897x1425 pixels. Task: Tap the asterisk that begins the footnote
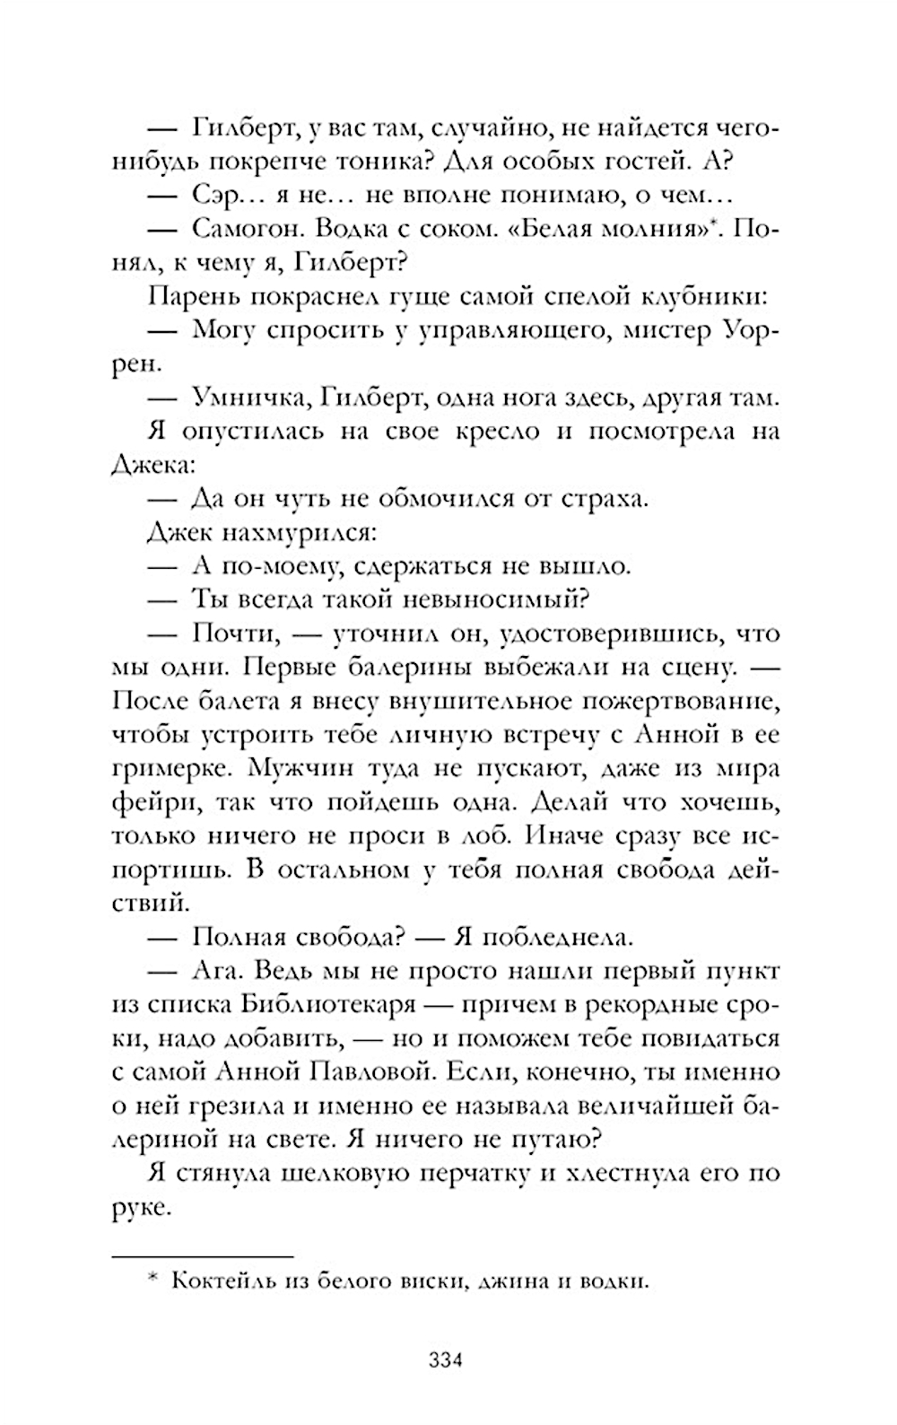tap(152, 1278)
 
